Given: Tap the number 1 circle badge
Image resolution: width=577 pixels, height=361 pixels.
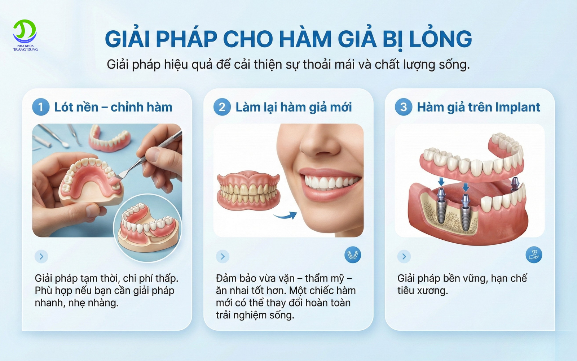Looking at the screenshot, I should (41, 107).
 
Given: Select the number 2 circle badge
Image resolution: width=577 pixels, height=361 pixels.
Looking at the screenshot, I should (222, 107).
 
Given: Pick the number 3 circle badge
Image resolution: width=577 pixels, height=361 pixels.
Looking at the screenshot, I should (404, 107).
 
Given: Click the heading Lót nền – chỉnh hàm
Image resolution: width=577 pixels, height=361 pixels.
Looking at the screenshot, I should (113, 107).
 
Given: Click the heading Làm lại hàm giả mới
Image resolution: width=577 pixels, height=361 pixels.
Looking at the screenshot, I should (294, 107).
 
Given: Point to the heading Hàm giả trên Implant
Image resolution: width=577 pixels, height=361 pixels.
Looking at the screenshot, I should (479, 107).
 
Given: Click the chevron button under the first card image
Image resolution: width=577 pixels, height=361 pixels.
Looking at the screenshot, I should (41, 256).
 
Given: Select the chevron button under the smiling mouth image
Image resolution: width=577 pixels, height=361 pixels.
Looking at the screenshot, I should (223, 256).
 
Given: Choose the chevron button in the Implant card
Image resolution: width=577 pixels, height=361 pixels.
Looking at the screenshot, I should (404, 256).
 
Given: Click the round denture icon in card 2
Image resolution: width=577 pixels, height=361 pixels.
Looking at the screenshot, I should (352, 255).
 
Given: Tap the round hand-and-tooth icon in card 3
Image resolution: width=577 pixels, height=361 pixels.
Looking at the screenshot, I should (534, 255).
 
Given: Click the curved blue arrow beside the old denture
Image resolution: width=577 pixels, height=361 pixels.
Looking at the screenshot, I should (285, 216).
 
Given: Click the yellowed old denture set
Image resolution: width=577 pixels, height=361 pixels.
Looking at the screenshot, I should (248, 191).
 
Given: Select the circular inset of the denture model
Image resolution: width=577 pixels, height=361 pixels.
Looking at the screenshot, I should (148, 227).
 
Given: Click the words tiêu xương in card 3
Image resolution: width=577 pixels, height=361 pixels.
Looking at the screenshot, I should (422, 291).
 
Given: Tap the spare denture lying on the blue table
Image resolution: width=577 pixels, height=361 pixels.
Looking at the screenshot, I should (110, 139).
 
